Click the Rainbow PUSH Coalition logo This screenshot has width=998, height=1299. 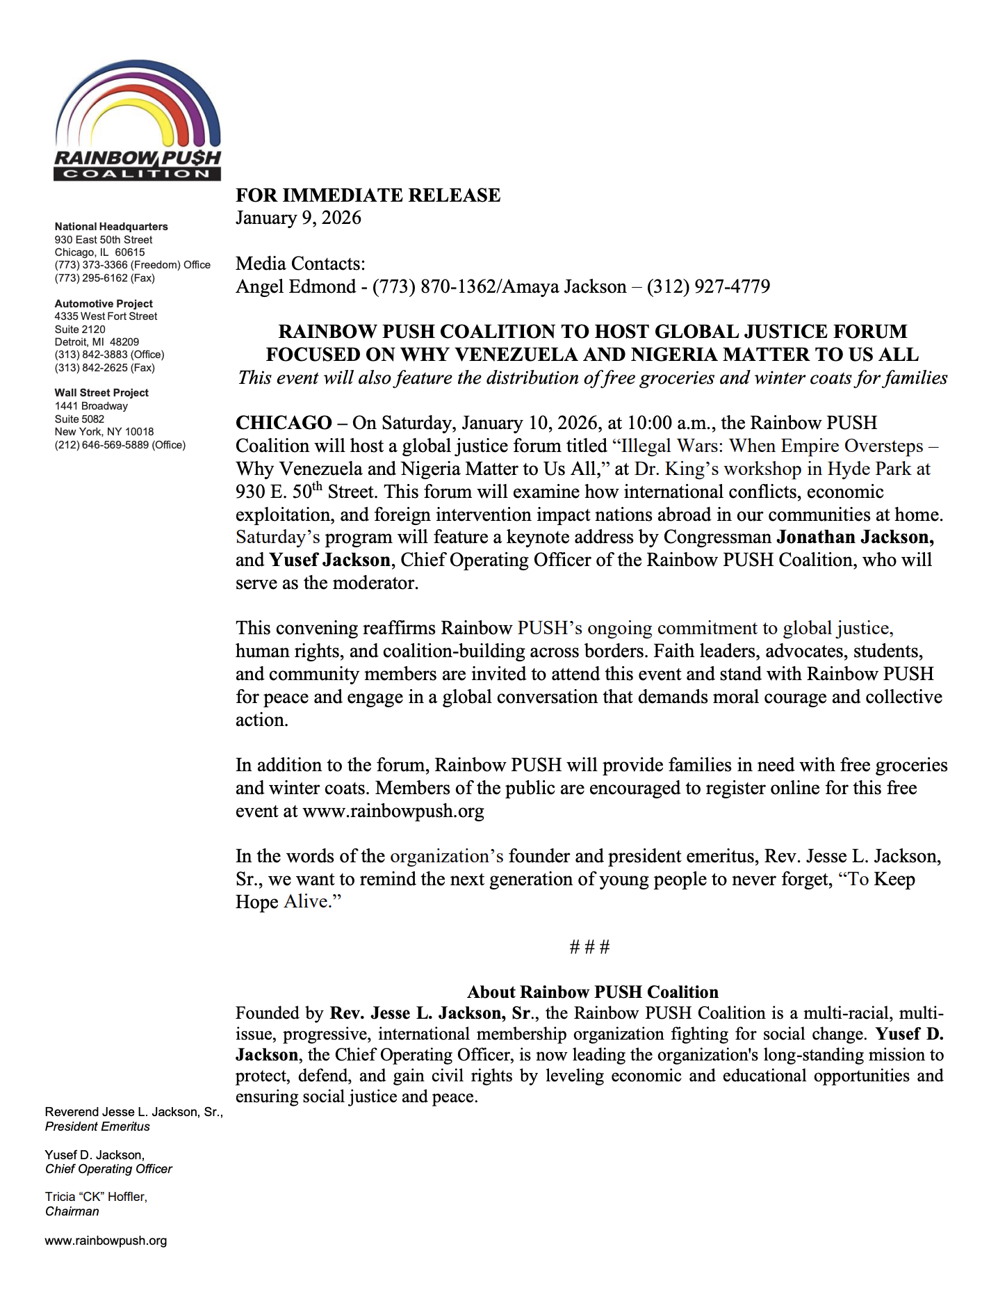pos(138,120)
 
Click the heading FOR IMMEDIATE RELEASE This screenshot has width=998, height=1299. pos(368,195)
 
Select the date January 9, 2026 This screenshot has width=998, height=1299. pos(298,218)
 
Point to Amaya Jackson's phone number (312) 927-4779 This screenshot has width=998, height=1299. pos(708,287)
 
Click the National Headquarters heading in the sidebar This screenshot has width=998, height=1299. pos(111,227)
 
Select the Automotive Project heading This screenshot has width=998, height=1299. pos(104,304)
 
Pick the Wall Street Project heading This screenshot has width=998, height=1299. pos(101,393)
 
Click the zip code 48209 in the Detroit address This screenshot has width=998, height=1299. pos(124,342)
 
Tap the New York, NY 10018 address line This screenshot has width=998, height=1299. pos(104,432)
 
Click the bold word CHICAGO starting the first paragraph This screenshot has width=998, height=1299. pos(284,423)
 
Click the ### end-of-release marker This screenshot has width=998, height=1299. pos(589,947)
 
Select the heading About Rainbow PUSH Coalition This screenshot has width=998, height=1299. pos(592,992)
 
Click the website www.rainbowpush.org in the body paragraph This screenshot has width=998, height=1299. pos(393,812)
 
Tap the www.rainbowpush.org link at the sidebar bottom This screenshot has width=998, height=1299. pos(106,1241)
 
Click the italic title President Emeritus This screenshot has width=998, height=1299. pos(97,1127)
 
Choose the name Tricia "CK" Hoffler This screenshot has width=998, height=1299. pos(96,1197)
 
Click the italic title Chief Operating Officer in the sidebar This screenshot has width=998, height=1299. pos(108,1169)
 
